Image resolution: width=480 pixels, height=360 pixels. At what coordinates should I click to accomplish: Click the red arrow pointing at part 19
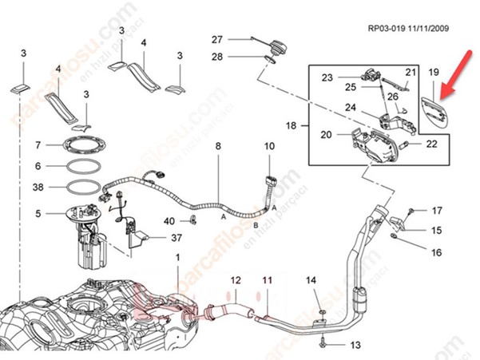pos(455,75)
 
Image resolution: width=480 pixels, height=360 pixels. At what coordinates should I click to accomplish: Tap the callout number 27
pos(216,40)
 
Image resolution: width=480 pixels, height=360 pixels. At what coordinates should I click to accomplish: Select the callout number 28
pos(216,57)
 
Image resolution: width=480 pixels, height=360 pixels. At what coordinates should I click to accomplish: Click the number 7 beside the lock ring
pos(38,145)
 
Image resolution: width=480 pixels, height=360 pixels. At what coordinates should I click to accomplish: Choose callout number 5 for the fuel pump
pos(38,213)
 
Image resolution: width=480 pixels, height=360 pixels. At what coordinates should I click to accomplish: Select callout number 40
pos(169,220)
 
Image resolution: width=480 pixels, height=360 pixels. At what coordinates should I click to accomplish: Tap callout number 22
pos(432,144)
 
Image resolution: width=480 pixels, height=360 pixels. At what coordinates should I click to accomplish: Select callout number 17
pos(437,211)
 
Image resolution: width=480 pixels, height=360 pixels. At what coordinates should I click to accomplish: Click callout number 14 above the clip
pos(312,280)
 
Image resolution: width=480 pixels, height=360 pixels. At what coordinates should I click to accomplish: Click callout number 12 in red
pos(235,280)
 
